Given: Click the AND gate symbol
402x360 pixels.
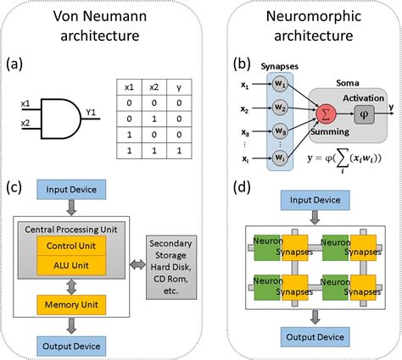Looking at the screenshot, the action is tap(61, 119).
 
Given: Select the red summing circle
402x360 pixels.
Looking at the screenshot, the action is tap(326, 114).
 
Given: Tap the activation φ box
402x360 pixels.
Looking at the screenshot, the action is tap(365, 114).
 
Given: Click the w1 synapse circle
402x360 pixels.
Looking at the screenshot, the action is tap(280, 84).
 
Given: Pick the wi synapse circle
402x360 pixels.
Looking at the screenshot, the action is tap(280, 158).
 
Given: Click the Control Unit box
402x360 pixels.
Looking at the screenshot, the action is tap(71, 246).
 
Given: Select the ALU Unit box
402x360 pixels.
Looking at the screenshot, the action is tap(71, 265).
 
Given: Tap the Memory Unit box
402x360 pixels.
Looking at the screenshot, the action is tap(71, 305).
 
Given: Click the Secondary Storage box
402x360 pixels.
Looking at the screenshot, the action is tap(171, 267).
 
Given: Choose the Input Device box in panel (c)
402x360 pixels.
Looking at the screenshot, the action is tap(71, 189).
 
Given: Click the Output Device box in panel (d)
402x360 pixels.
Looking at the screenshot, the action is tap(315, 337).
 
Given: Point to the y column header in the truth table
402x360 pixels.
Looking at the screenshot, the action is tap(179, 87).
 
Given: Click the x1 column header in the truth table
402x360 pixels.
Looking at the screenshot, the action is tap(129, 87).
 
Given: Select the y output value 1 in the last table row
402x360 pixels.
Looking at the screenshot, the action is tap(179, 151).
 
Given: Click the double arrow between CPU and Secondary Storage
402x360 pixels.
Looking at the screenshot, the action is tap(137, 265).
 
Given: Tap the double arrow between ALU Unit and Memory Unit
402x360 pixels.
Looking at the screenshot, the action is tap(71, 287).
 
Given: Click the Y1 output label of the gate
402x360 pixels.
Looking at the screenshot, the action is tap(91, 113).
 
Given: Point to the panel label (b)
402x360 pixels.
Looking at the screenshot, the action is tap(242, 64).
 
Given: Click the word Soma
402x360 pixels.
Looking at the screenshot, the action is tap(348, 83).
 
